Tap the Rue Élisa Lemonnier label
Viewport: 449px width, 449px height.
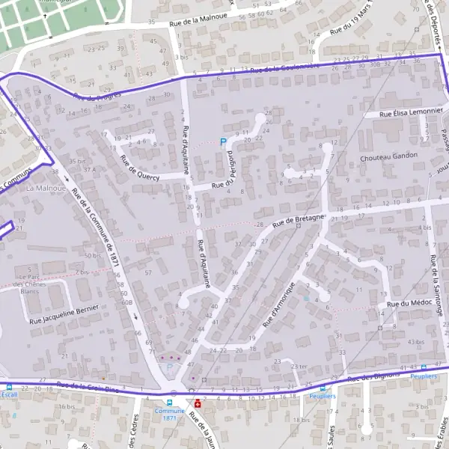411,114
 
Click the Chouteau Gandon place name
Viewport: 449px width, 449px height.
388,156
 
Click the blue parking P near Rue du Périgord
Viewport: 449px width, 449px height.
222,141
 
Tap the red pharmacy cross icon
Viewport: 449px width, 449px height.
198,403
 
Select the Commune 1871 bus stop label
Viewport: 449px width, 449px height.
168,414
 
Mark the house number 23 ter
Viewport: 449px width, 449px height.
299,366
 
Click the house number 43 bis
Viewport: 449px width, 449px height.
415,342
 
